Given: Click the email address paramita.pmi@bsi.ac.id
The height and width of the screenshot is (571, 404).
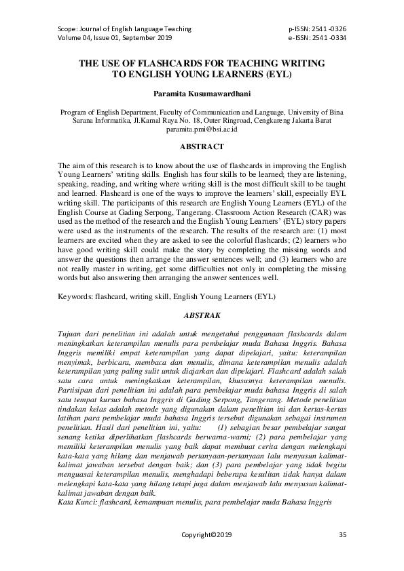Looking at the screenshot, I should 202,128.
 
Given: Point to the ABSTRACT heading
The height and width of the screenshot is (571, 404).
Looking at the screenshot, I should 202,146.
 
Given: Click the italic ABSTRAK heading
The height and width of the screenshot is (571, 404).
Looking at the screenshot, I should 202,315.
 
